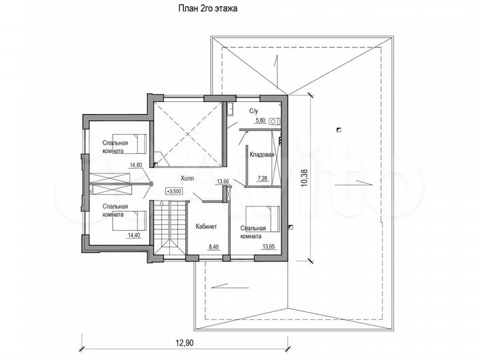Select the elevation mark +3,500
click(x=174, y=191)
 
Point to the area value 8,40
click(x=214, y=247)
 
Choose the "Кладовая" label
click(x=262, y=154)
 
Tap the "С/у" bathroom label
click(x=254, y=110)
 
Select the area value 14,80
click(x=137, y=165)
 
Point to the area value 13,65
click(x=269, y=246)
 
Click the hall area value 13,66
click(x=222, y=181)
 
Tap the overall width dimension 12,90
click(x=186, y=343)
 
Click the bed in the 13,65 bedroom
click(x=264, y=217)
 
